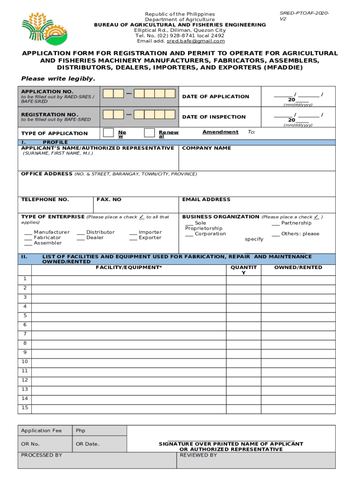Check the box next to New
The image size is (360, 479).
click(x=108, y=133)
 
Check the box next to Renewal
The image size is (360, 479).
click(x=150, y=133)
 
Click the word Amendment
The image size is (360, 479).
click(x=220, y=132)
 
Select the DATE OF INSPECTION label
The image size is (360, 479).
click(x=213, y=117)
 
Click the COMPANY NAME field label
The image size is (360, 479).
click(x=206, y=148)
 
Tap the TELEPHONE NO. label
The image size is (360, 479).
click(x=45, y=200)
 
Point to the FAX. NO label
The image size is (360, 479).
click(x=109, y=200)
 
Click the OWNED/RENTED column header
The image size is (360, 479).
click(x=298, y=268)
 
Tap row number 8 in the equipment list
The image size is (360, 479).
click(x=25, y=343)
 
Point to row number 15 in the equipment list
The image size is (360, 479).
click(x=25, y=408)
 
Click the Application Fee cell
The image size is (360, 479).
click(x=41, y=431)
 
